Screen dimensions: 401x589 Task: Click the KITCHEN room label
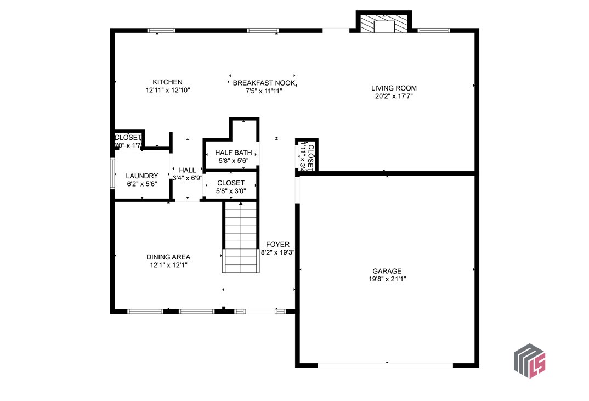167,82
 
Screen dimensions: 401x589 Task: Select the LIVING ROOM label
394,88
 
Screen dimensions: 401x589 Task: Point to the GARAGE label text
387,271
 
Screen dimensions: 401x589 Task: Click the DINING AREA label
168,257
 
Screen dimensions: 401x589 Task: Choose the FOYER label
277,245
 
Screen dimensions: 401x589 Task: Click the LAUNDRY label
141,176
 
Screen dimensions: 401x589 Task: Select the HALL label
187,170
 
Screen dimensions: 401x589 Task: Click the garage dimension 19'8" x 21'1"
387,279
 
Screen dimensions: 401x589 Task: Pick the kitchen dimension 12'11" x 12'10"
167,91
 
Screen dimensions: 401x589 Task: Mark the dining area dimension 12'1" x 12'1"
168,265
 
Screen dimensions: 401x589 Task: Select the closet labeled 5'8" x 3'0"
230,187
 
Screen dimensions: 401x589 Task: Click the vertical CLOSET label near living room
310,157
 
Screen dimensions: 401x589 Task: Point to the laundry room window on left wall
112,173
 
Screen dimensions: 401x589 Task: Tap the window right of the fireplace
433,30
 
